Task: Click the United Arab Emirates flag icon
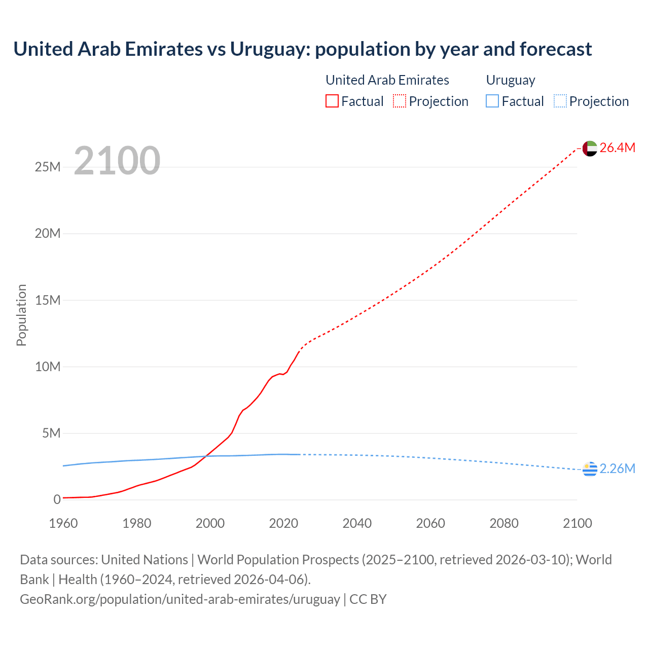[x=590, y=148]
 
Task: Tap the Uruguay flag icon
[x=590, y=470]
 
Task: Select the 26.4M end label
[x=617, y=148]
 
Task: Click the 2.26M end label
[x=617, y=468]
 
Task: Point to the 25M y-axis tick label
[x=48, y=167]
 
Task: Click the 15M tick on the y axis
[x=48, y=300]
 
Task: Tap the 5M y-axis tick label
[x=51, y=433]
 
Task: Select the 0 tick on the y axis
[x=57, y=499]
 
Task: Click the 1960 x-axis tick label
[x=63, y=523]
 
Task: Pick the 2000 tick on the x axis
[x=210, y=523]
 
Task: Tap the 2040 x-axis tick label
[x=357, y=523]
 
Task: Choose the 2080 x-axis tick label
[x=504, y=523]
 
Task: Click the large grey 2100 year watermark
[x=117, y=161]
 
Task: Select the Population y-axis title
[x=21, y=315]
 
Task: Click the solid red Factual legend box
[x=332, y=101]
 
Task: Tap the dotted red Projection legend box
[x=400, y=101]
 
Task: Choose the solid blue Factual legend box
[x=492, y=101]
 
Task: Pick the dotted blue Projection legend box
[x=560, y=101]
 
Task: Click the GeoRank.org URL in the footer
[x=180, y=599]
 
